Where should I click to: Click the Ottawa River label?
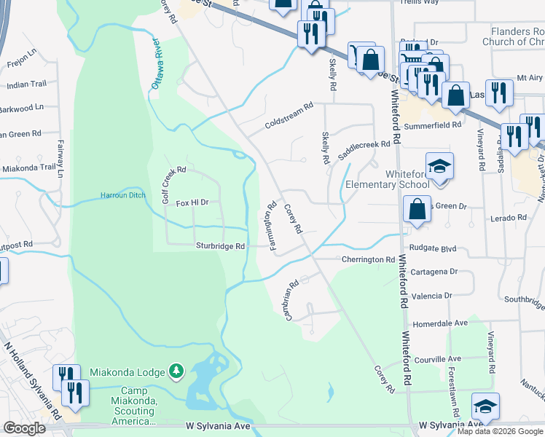(156, 65)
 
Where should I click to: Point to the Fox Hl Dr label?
(192, 203)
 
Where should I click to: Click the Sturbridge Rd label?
(219, 246)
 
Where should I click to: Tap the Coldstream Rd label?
(289, 115)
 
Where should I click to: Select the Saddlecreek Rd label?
(364, 145)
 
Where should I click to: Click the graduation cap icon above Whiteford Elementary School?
(439, 166)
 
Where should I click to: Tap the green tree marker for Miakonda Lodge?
(176, 372)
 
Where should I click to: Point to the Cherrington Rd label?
(368, 259)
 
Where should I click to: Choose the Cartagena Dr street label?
(433, 271)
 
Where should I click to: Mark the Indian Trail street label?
(27, 85)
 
